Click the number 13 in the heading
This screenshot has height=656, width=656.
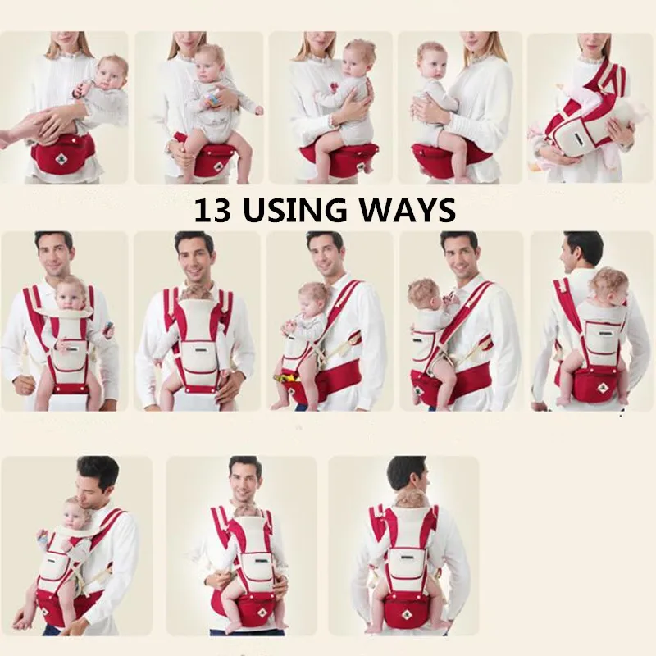212,210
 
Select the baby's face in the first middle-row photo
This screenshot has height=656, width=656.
70,298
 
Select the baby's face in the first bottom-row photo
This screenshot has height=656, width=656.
74,518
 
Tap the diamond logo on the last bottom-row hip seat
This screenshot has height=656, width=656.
404,615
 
